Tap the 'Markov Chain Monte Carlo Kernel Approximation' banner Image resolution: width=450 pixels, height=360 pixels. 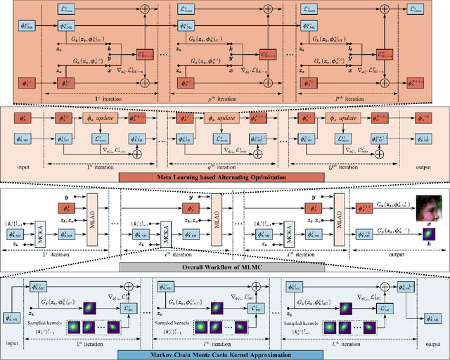[225, 353]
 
